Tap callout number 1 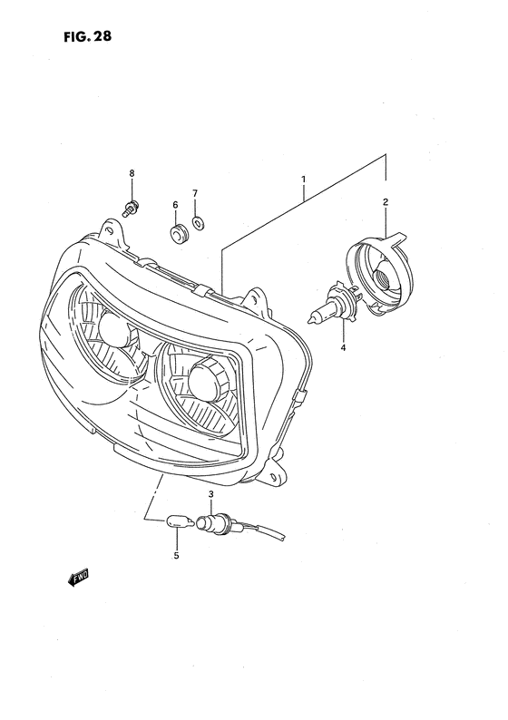click(303, 180)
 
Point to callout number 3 click(210, 494)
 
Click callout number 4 click(343, 347)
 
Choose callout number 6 click(175, 206)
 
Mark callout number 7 click(194, 193)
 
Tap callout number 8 click(132, 172)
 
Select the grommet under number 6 click(177, 233)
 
